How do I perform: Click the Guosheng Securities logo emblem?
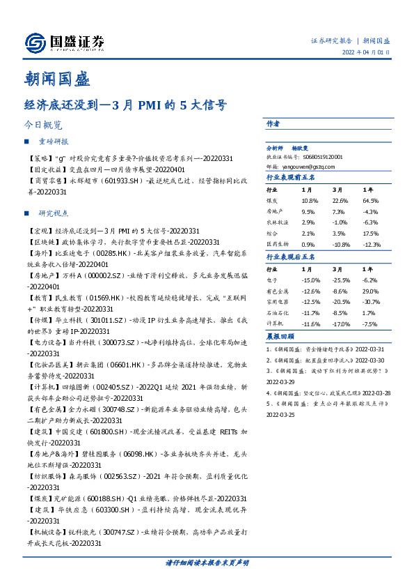pyautogui.click(x=34, y=43)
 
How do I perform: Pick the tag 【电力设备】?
pyautogui.click(x=46, y=344)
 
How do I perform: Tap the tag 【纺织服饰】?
pyautogui.click(x=46, y=478)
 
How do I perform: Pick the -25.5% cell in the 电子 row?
pyautogui.click(x=341, y=280)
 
